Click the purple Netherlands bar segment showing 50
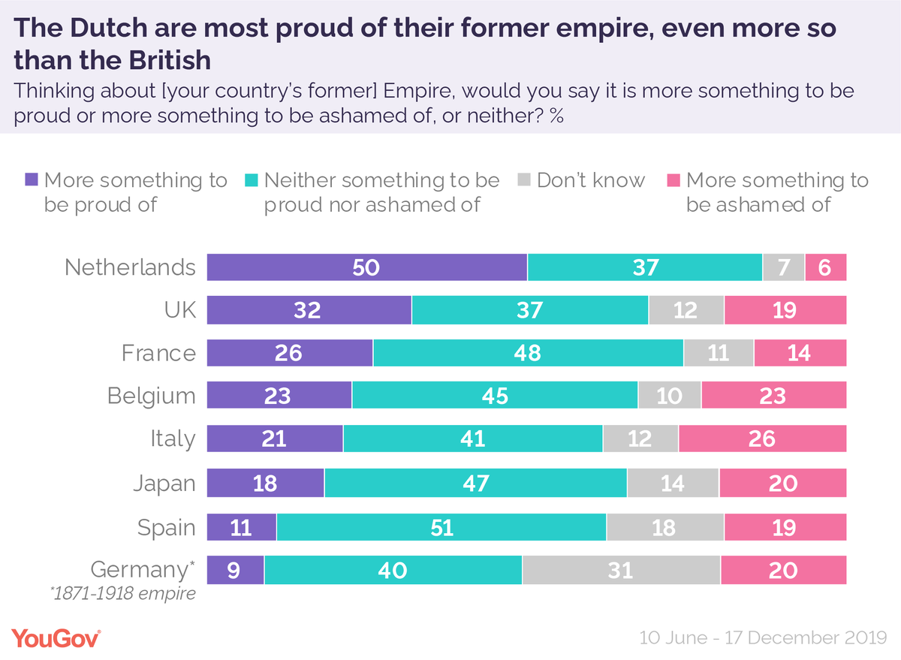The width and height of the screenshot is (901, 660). [x=366, y=267]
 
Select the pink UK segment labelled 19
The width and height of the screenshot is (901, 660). [x=785, y=310]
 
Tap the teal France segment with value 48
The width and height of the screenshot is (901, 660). [x=528, y=353]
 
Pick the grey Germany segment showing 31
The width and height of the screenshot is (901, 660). [x=621, y=570]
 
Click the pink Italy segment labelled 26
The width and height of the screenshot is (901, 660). [x=762, y=438]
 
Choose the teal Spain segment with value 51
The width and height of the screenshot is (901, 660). [x=441, y=527]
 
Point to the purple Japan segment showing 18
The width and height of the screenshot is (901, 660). [x=265, y=483]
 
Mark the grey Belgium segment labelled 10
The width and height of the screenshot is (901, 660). [x=669, y=396]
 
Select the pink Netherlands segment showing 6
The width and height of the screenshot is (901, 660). [x=825, y=267]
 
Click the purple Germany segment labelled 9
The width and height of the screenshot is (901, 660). [x=235, y=570]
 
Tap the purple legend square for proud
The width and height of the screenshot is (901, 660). [x=32, y=180]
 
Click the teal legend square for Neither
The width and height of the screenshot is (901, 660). [x=252, y=180]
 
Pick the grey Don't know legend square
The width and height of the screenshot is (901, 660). [x=524, y=180]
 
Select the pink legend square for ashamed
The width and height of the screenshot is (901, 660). [x=673, y=180]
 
